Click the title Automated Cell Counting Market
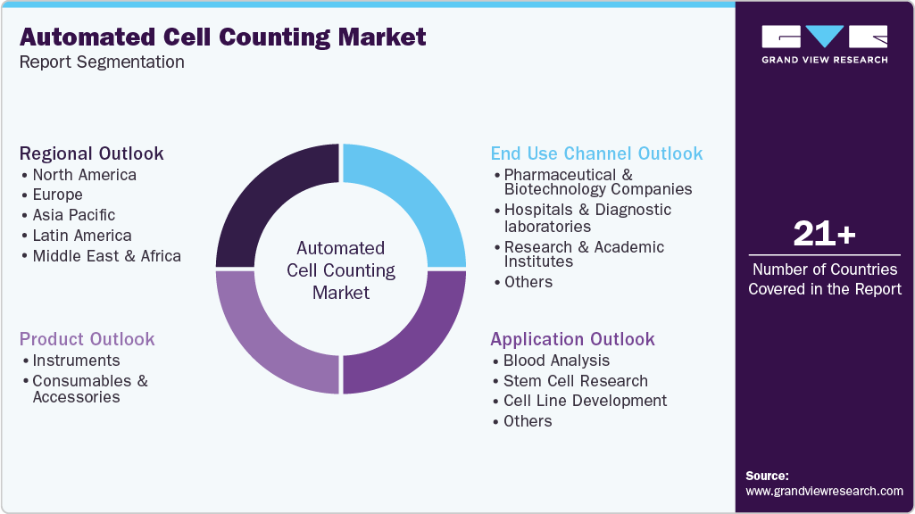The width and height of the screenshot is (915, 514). tap(222, 37)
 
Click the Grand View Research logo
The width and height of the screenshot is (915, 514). tap(824, 44)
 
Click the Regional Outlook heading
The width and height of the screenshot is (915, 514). tap(91, 153)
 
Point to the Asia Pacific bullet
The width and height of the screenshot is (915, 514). tap(74, 215)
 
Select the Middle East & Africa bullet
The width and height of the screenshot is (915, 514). tap(106, 256)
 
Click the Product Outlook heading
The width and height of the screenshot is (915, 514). tap(87, 339)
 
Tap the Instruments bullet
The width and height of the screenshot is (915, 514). tap(76, 361)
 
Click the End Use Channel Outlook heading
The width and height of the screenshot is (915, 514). tap(596, 153)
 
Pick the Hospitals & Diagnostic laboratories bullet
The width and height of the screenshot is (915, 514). tap(587, 218)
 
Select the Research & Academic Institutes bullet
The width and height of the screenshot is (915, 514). tap(584, 254)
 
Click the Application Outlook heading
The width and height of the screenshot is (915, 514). tap(572, 339)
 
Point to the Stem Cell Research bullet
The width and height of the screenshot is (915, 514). tap(575, 381)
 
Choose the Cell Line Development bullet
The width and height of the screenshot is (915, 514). tap(585, 401)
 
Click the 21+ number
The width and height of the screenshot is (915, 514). tap(824, 235)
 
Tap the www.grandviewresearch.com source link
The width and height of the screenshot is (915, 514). tap(824, 491)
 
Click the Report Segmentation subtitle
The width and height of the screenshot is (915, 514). tap(102, 62)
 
